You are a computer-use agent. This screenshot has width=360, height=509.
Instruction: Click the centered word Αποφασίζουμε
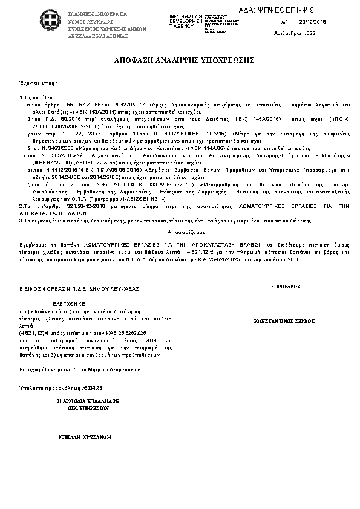pyautogui.click(x=180, y=232)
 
